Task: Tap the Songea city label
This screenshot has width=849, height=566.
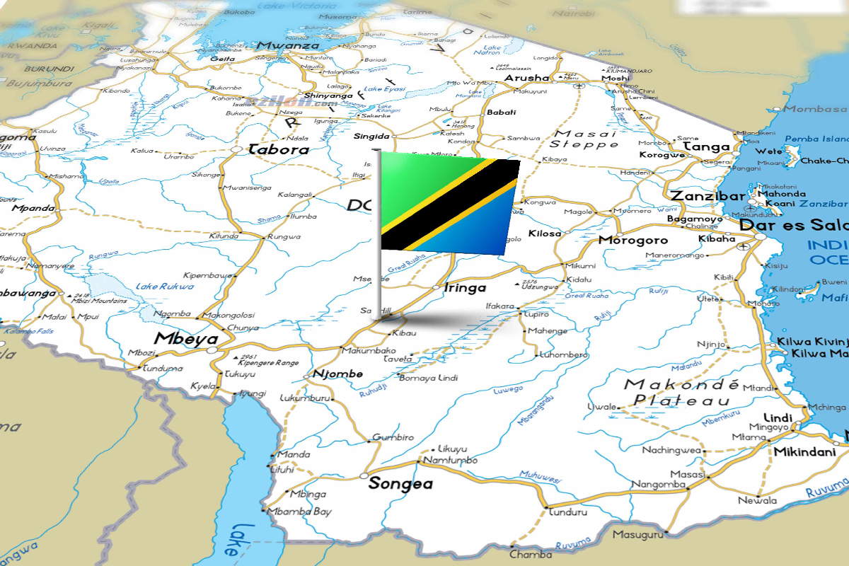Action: (x=400, y=484)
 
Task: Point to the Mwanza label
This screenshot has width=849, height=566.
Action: (x=288, y=45)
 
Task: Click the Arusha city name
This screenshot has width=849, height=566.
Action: (x=526, y=78)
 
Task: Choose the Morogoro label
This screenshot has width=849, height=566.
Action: (x=633, y=241)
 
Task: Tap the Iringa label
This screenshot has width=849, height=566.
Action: (x=464, y=288)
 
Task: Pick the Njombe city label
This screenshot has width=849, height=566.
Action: (x=337, y=374)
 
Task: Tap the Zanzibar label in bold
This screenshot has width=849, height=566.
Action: (x=707, y=196)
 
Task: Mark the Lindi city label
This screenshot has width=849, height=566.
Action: (x=778, y=417)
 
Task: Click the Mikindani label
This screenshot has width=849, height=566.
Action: (x=804, y=451)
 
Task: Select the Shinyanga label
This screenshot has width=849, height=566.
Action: (x=328, y=96)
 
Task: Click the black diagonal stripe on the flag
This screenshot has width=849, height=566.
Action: (x=450, y=205)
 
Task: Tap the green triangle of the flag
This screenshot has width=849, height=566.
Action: (x=414, y=180)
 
